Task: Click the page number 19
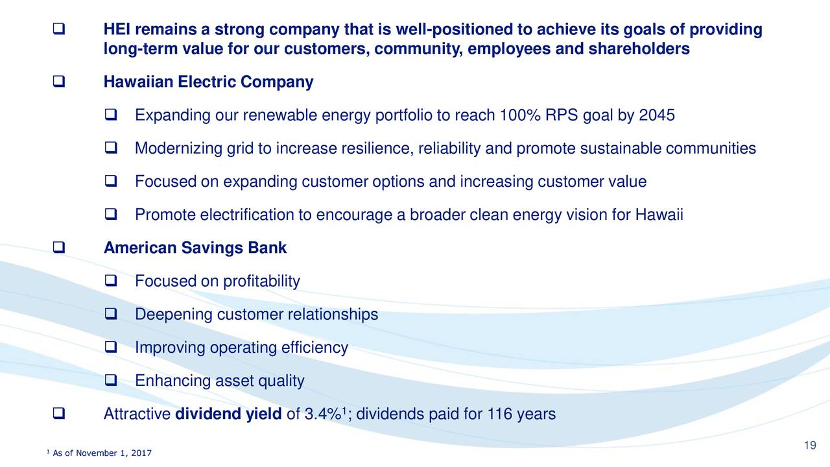point(810,445)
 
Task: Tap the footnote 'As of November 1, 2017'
point(102,453)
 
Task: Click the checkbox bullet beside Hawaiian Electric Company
point(59,82)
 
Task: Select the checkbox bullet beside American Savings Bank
point(59,247)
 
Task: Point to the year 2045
point(657,115)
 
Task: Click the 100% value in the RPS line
point(520,115)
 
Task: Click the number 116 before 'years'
point(499,414)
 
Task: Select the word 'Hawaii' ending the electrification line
point(659,215)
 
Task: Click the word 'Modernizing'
point(178,149)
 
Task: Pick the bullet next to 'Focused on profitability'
point(111,281)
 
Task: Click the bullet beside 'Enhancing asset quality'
point(111,380)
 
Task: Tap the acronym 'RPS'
point(562,115)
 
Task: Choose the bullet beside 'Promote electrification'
point(111,214)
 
